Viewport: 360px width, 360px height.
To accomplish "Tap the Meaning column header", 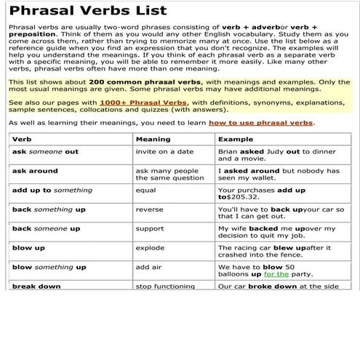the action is tap(153, 138).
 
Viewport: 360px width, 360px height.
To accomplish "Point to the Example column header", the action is tap(236, 138).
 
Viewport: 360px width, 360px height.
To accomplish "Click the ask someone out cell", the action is tap(45, 152).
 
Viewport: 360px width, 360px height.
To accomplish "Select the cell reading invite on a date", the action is tap(164, 152).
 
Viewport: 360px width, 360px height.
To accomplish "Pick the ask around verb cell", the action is tap(35, 171).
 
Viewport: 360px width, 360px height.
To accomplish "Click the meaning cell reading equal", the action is tap(145, 191).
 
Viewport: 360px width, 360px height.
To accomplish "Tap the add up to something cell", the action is tap(52, 191).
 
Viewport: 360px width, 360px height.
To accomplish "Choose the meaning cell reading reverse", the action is tap(149, 209).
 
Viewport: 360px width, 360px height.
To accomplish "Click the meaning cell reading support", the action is tap(150, 228).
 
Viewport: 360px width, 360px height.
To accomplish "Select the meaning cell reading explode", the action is tap(151, 248).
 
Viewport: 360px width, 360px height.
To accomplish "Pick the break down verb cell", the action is tap(36, 287).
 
